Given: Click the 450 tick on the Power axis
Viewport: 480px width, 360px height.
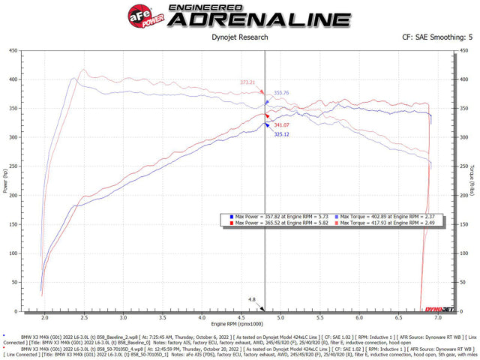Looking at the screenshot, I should click(14, 51).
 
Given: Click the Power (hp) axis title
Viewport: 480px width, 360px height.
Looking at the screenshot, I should click(5, 180).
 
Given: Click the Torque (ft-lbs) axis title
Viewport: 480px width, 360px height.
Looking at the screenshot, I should click(474, 180).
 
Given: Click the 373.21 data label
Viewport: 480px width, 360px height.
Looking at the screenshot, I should click(248, 82).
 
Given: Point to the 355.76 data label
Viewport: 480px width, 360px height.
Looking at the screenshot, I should click(281, 93).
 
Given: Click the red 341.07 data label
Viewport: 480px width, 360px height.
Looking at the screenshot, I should click(282, 125).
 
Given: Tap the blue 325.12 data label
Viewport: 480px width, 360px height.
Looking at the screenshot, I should click(282, 134).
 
